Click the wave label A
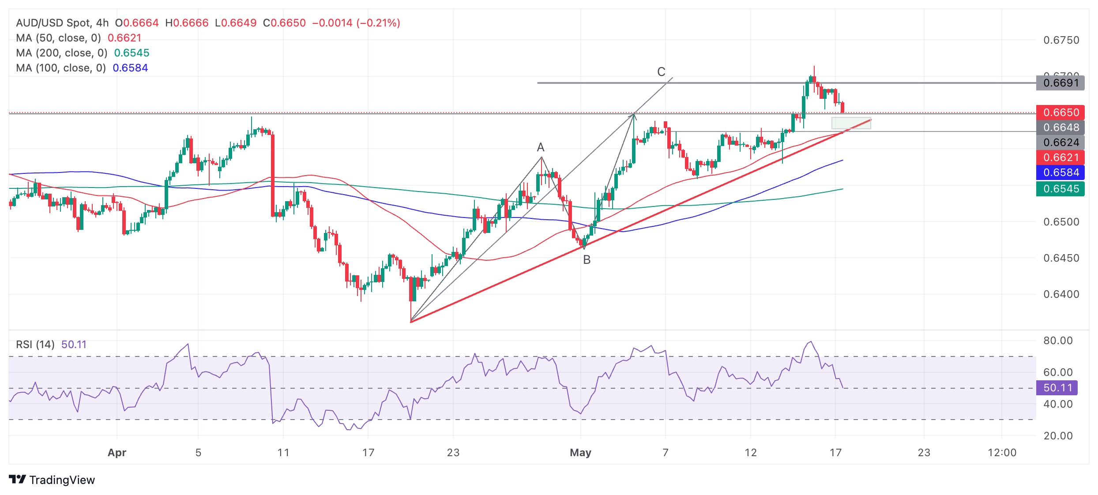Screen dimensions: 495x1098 coord(541,147)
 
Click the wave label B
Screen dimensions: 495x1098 coord(587,260)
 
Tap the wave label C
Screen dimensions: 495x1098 coord(661,72)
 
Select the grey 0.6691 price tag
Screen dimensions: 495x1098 coord(1060,83)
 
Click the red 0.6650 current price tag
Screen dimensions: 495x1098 coord(1060,112)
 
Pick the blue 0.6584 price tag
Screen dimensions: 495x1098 coord(1060,172)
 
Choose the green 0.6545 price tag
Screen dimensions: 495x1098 coord(1060,189)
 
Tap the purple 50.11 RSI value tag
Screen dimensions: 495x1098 coord(1057,388)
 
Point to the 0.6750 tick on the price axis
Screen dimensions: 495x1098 coord(1061,40)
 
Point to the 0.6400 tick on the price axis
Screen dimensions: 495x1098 coord(1061,294)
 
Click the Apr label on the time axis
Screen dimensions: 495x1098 coord(117,453)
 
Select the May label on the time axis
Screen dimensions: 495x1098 coord(580,453)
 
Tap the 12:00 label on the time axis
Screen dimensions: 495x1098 coord(1002,453)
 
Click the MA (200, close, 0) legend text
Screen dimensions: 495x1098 coord(62,53)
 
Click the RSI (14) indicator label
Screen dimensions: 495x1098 coord(35,345)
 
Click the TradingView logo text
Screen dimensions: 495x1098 coord(62,480)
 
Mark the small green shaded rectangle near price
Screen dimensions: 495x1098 coord(851,123)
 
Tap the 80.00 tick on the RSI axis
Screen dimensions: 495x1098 coord(1058,341)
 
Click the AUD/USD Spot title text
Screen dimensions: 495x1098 coord(53,23)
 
